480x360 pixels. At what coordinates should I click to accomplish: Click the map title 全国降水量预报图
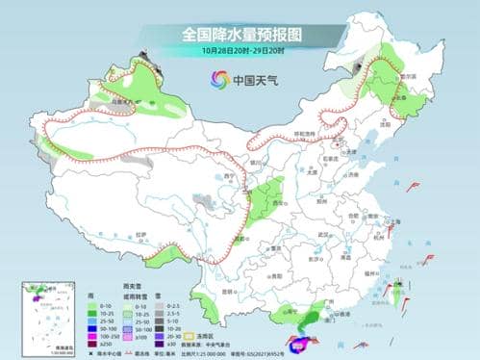coord(240,34)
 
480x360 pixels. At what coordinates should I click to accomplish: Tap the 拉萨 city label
coord(142,234)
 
